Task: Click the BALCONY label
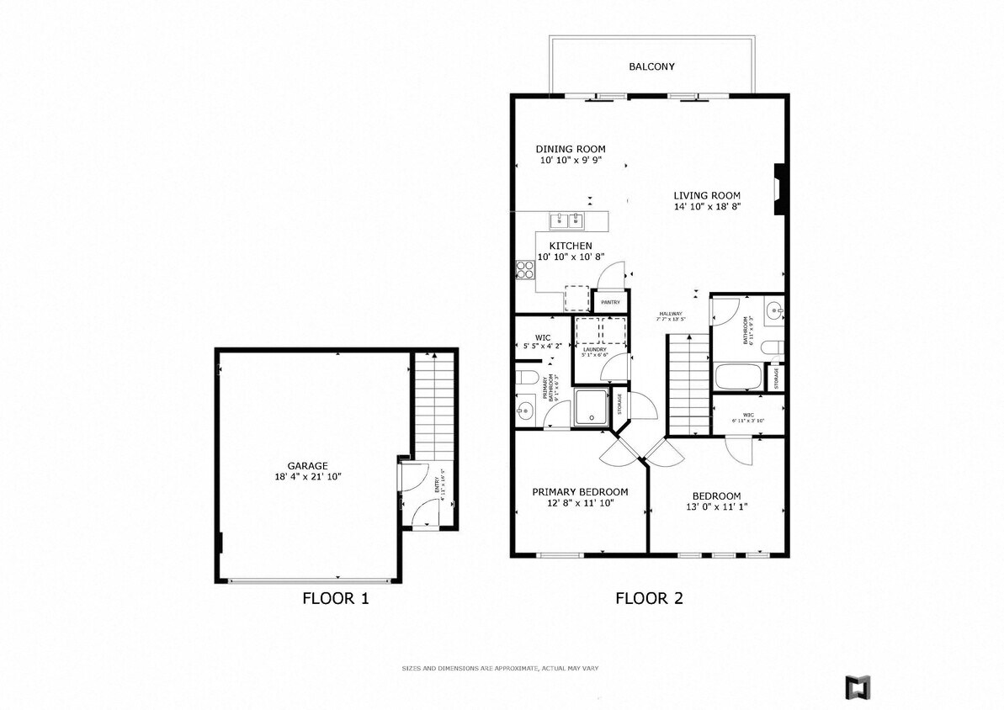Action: [x=651, y=66]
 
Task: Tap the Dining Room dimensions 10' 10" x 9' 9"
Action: [x=570, y=160]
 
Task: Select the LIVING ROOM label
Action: [x=707, y=195]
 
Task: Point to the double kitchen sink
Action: [x=567, y=221]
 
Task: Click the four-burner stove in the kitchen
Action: [x=525, y=270]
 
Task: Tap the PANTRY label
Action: [x=610, y=302]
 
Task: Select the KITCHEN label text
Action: [x=571, y=246]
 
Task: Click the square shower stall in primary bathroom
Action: [x=591, y=407]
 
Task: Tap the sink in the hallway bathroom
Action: [x=774, y=311]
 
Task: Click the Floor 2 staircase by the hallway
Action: [x=689, y=384]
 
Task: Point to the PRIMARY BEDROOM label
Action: [x=580, y=492]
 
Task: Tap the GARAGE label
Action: [x=307, y=465]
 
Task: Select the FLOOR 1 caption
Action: [x=335, y=599]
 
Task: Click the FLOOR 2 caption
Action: [x=649, y=599]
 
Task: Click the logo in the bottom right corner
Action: [x=858, y=686]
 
